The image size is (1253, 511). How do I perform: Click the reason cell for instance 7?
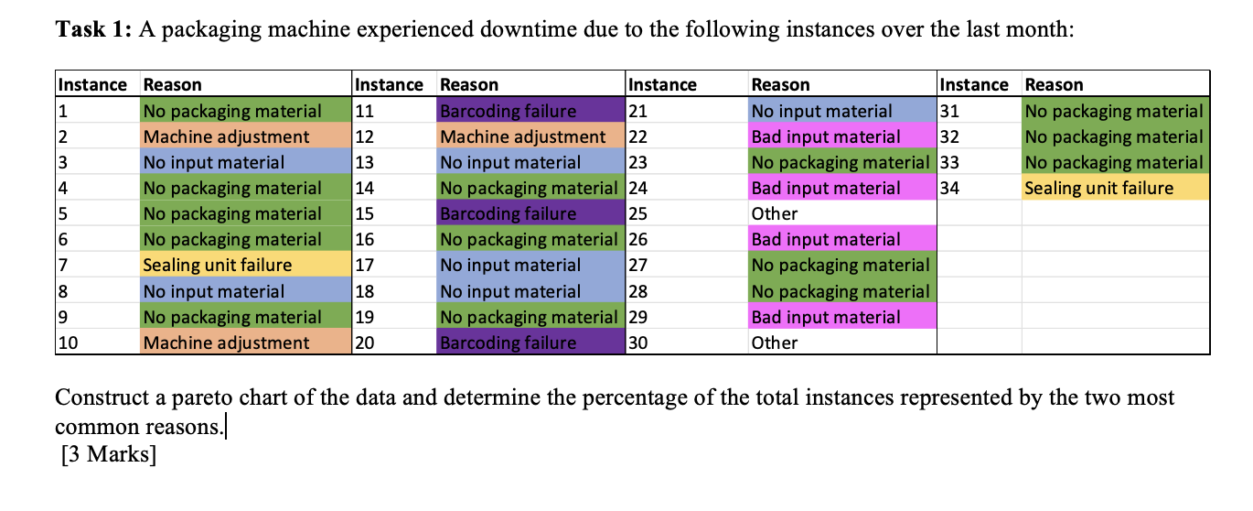[245, 266]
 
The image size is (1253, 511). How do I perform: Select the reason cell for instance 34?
[1115, 189]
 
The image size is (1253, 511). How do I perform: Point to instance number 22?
[638, 137]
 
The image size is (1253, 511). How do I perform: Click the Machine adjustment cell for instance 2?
[245, 137]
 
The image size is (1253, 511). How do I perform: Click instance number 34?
[952, 189]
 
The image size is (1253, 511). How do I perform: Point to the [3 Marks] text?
[107, 454]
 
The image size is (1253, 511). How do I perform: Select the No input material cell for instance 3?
[245, 163]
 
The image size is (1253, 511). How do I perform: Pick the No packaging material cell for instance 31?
[1115, 112]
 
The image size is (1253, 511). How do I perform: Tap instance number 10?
[68, 343]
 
